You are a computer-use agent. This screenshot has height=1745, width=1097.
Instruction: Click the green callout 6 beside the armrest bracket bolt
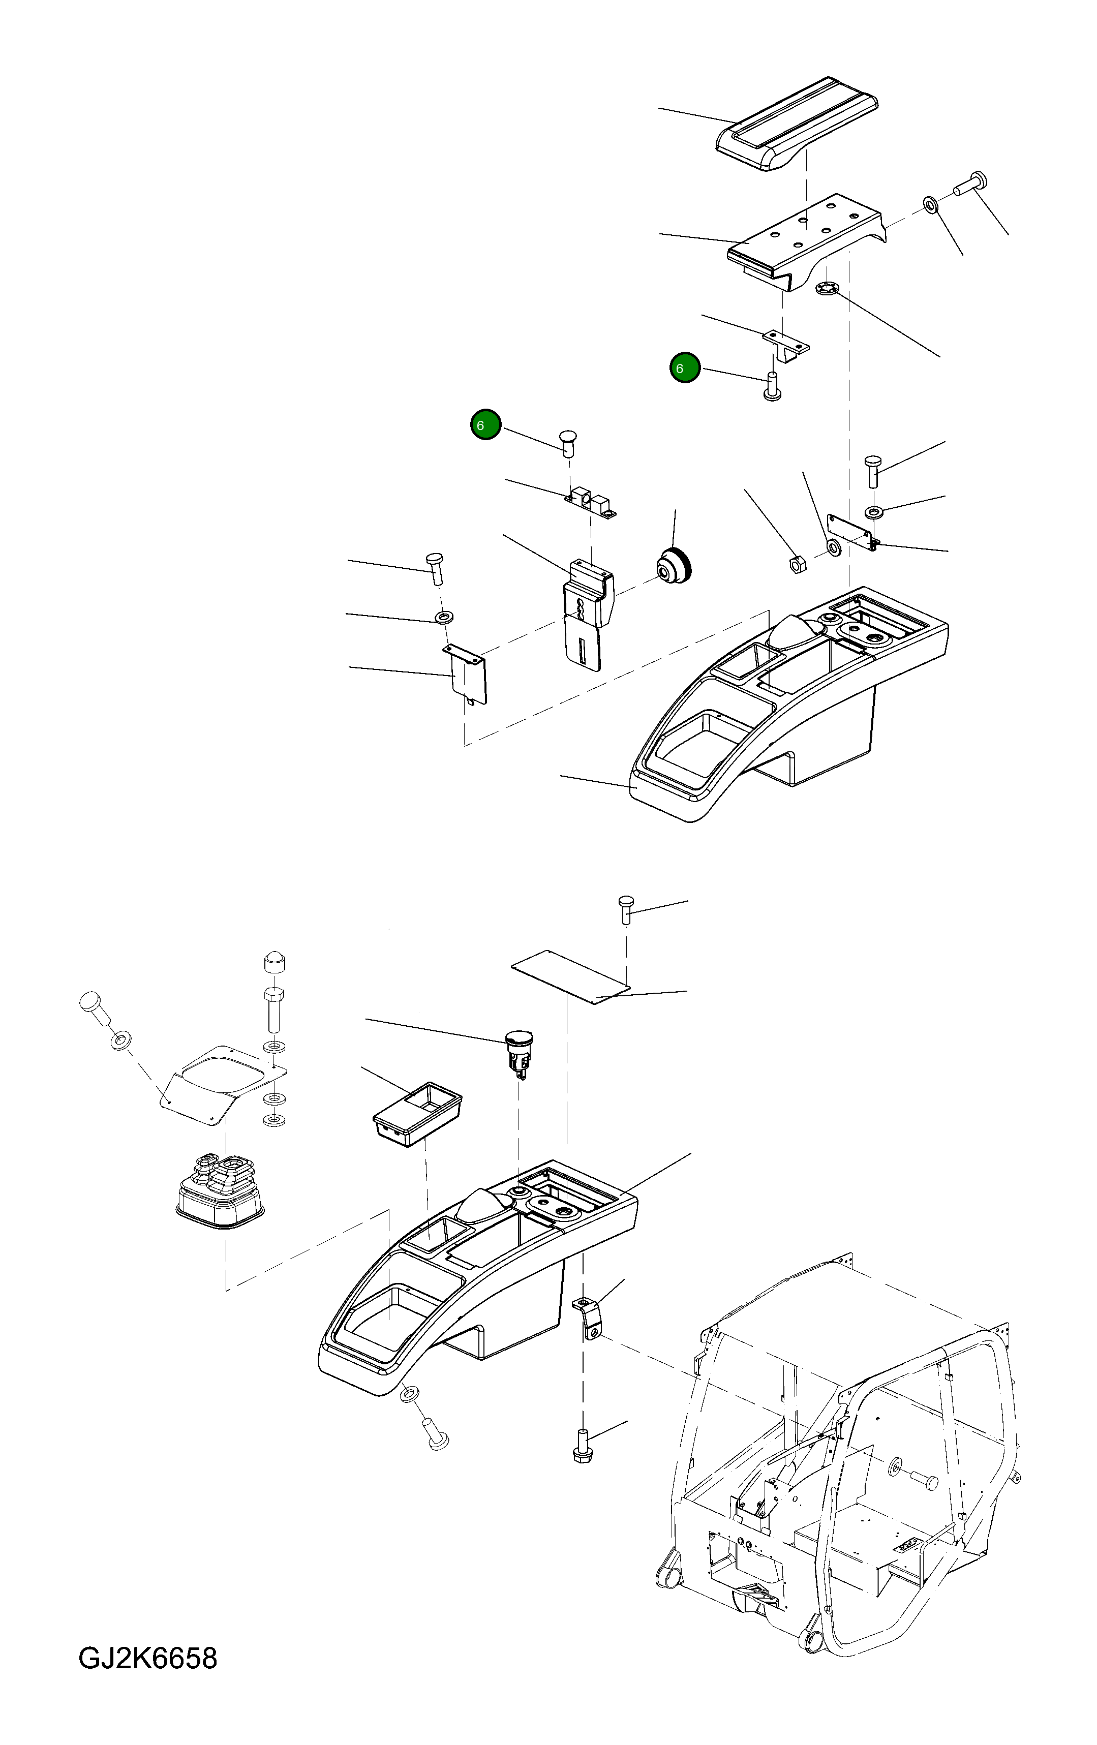click(x=684, y=368)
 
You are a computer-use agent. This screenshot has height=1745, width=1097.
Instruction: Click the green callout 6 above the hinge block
click(x=485, y=424)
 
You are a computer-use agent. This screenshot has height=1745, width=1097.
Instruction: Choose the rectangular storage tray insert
click(x=417, y=1114)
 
